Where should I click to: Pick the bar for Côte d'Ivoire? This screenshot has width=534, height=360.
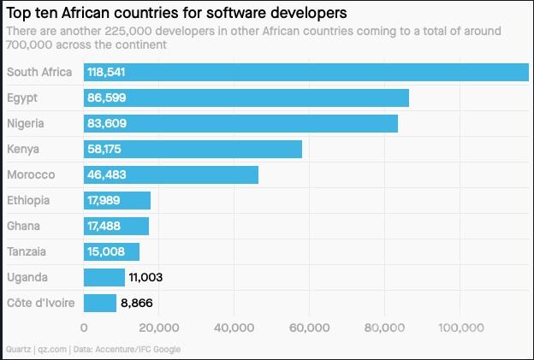pos(100,303)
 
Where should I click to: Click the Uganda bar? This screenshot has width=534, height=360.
pos(104,277)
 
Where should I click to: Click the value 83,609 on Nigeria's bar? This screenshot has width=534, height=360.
pos(107,124)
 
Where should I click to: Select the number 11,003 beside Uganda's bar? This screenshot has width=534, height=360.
pos(145,277)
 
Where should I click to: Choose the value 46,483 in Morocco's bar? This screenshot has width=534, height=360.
pos(107,175)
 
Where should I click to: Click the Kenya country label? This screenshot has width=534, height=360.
pos(24,150)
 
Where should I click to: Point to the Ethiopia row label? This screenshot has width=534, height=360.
pos(29,201)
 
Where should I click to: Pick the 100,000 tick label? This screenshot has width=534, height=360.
pos(462,328)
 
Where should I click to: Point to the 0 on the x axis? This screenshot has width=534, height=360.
pos(84,328)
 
